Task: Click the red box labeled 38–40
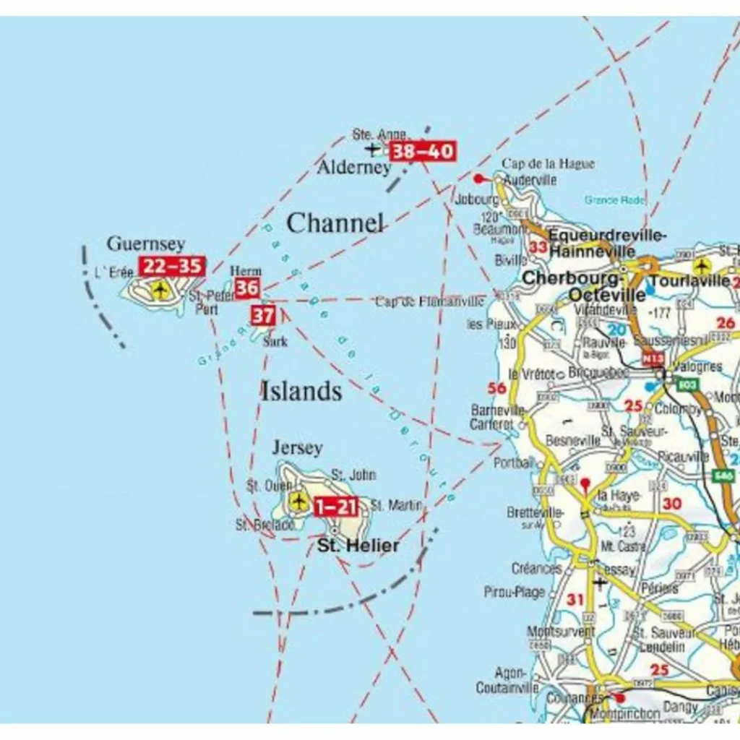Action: click(423, 152)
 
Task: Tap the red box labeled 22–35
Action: click(172, 266)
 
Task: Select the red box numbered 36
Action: click(247, 288)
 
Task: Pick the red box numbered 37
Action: click(263, 315)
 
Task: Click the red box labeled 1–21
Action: click(336, 507)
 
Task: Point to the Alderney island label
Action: click(354, 168)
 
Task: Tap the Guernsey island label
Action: click(146, 244)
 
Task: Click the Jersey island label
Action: click(297, 448)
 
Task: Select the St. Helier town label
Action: click(358, 546)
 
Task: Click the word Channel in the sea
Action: click(335, 223)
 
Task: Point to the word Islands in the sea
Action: click(301, 391)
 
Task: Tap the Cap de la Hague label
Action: click(548, 164)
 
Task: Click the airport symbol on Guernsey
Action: click(160, 291)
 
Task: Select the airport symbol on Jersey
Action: click(298, 500)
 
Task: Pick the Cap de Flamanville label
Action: click(429, 301)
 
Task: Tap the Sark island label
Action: click(275, 341)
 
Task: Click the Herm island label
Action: click(246, 271)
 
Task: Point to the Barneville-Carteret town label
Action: click(497, 417)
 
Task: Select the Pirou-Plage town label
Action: click(515, 592)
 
